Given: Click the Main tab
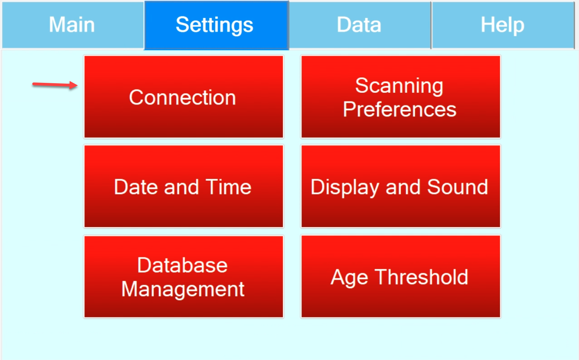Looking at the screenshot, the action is [72, 25].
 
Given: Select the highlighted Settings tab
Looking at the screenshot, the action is [216, 25].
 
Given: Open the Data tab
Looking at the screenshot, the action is [360, 25].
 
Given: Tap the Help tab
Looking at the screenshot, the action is [503, 25].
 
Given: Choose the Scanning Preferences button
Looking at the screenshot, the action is [401, 97].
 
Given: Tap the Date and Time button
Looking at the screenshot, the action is [184, 186].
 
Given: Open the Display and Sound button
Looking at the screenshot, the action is [401, 186].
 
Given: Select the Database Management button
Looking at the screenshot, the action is [184, 276].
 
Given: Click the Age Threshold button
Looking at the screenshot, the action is [401, 276].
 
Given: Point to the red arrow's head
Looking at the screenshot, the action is [77, 85].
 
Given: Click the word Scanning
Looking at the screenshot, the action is [399, 86].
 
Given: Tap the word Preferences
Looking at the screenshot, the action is [400, 110].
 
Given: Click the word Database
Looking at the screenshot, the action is [182, 265].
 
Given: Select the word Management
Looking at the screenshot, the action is [183, 289].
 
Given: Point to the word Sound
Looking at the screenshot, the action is [458, 187].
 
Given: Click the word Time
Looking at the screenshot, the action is [229, 187].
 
